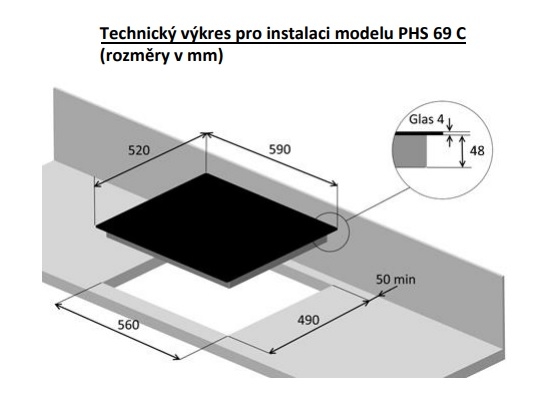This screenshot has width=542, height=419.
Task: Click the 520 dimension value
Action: pyautogui.click(x=139, y=150)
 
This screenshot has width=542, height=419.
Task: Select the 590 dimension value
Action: pyautogui.click(x=280, y=149)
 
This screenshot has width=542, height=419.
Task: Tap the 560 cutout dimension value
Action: pyautogui.click(x=129, y=325)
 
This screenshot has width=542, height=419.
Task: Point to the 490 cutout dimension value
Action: pyautogui.click(x=308, y=320)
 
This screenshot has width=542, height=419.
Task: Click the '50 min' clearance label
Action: pyautogui.click(x=395, y=279)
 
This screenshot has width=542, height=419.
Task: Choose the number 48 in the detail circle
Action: pyautogui.click(x=477, y=151)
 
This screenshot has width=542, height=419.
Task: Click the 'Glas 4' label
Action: pyautogui.click(x=426, y=119)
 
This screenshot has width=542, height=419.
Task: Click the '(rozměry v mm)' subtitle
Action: pyautogui.click(x=161, y=56)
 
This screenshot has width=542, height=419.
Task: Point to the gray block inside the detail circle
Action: pyautogui.click(x=410, y=151)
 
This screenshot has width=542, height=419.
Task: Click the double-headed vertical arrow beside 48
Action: pyautogui.click(x=463, y=151)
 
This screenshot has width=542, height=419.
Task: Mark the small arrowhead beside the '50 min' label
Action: pyautogui.click(x=383, y=293)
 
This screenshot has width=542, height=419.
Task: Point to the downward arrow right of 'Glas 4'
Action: pyautogui.click(x=449, y=123)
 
